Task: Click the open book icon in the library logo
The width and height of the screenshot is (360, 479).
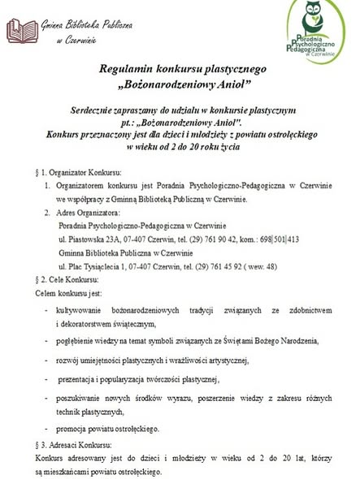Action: point(23,31)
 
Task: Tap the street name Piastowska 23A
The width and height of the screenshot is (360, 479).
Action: point(95,240)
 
